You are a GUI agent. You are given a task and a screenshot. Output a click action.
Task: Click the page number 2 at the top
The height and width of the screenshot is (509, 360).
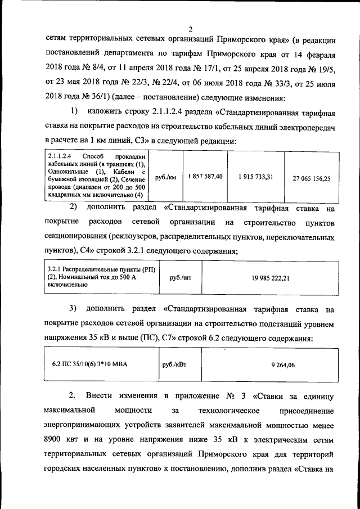pos(190,29)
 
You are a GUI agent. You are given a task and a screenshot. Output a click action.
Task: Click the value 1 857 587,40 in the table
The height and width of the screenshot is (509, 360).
pos(206,177)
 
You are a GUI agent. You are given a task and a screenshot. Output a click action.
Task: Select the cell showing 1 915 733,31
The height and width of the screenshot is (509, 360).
pos(256,177)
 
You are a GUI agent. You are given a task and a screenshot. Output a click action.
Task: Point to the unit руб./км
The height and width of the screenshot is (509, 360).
pos(165,177)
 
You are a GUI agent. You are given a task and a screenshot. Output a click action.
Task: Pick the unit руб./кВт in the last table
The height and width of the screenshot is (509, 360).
pos(174,364)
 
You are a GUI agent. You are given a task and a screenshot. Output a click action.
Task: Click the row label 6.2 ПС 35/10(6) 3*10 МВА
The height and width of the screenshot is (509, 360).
pos(89,364)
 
